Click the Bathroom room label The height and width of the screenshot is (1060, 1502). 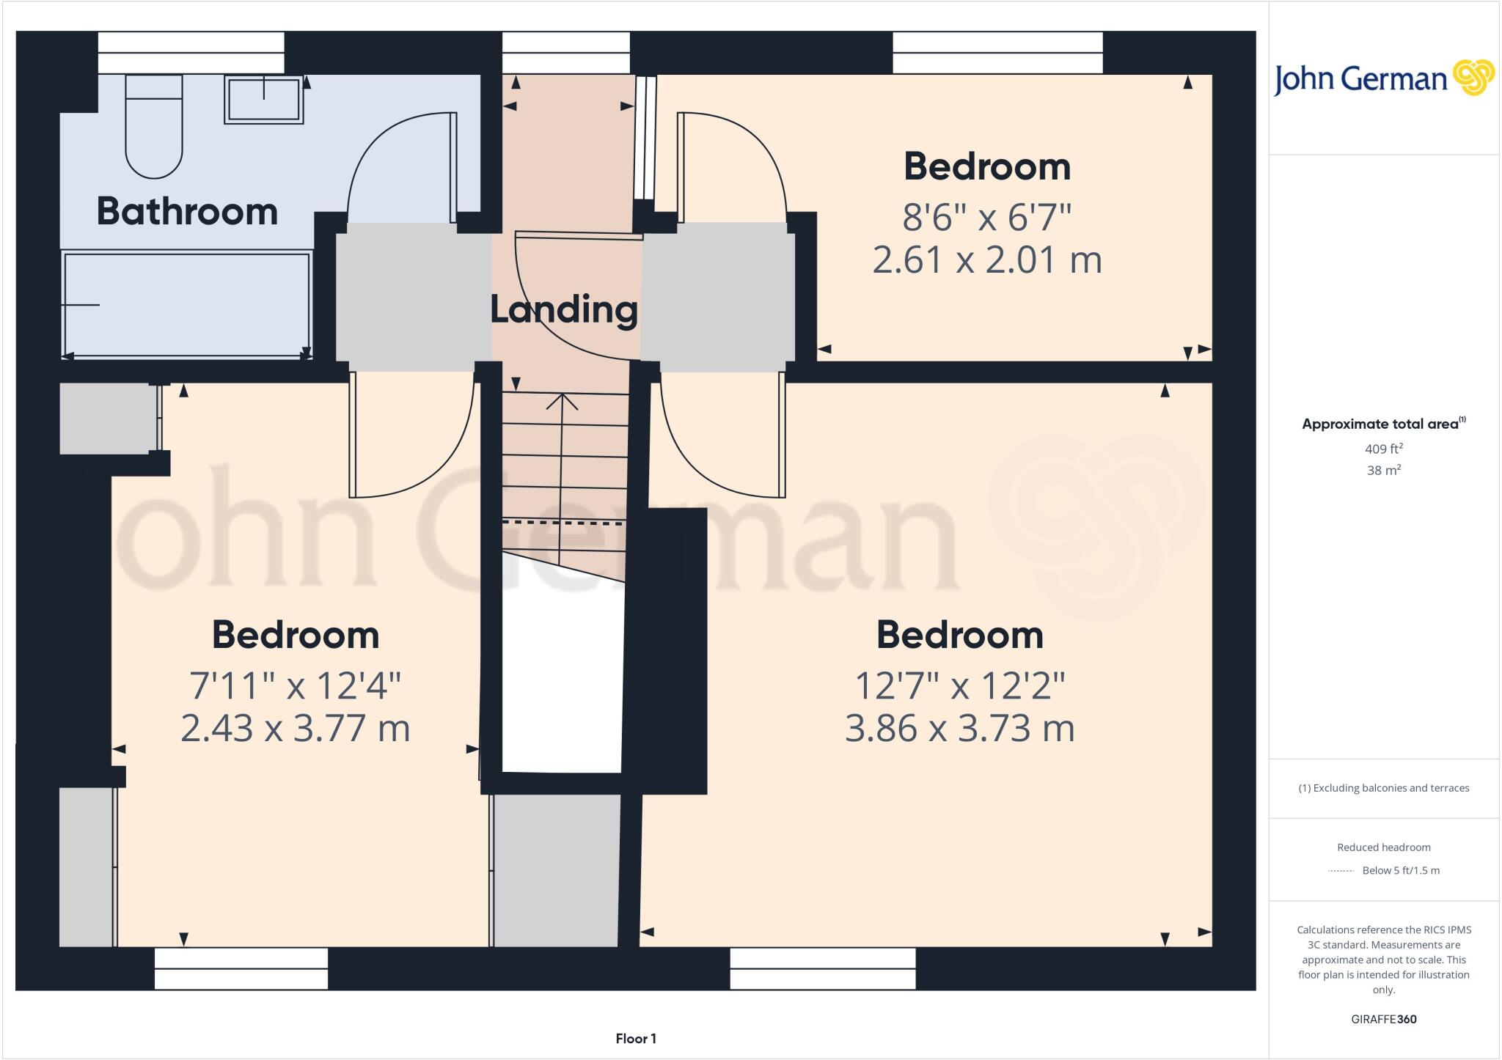(x=187, y=211)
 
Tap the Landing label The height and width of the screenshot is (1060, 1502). (x=563, y=309)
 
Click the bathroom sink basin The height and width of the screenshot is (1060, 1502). (x=264, y=99)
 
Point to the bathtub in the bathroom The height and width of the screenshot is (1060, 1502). (x=187, y=304)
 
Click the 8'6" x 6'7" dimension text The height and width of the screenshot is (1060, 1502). (x=986, y=217)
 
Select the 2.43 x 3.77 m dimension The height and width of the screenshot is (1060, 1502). (x=295, y=729)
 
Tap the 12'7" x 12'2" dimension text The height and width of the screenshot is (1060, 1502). (x=959, y=686)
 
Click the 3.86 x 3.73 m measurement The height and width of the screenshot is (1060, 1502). (x=959, y=729)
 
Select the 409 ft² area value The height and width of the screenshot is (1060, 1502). (x=1383, y=449)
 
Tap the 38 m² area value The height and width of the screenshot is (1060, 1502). (x=1383, y=471)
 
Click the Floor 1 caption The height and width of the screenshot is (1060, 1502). (x=636, y=1039)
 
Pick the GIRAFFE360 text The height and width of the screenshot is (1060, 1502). (x=1383, y=1019)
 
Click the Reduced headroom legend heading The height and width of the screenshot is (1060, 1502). (x=1383, y=847)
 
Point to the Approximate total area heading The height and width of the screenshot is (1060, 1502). (x=1380, y=424)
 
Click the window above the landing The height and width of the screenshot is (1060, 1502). (x=565, y=52)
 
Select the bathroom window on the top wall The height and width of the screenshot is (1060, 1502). (x=191, y=52)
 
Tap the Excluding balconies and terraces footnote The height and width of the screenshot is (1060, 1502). (x=1383, y=788)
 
